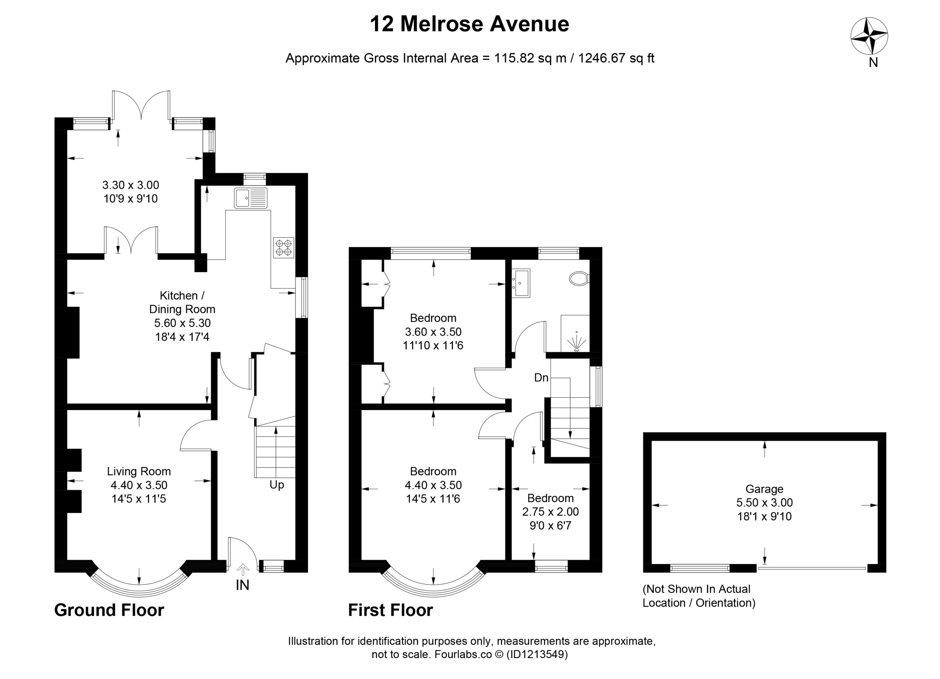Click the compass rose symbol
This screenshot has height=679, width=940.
869,36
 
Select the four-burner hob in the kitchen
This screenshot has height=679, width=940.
283,248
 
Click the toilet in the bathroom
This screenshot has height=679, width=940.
579,279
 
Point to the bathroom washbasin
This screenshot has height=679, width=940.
521,283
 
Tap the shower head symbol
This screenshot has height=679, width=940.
576,342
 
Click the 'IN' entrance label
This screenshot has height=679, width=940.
242,585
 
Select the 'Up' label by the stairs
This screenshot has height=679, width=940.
277,485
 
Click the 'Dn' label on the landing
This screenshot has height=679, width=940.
541,378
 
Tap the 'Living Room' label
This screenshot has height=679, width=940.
139,471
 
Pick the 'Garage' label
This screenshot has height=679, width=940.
764,489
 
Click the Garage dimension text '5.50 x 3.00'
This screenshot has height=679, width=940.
764,503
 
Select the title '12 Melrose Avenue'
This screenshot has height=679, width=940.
469,24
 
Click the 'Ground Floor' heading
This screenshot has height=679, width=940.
109,610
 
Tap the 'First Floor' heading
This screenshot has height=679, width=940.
390,610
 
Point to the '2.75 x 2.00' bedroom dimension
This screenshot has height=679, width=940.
550,512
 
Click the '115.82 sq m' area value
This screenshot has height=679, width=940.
530,58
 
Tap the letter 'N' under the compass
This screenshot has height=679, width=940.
873,62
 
